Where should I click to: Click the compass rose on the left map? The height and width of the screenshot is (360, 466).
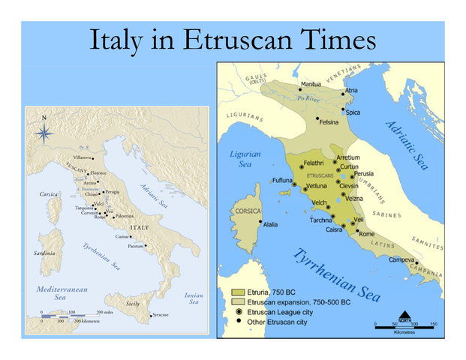click(44, 133)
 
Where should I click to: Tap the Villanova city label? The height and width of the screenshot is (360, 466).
click(83, 157)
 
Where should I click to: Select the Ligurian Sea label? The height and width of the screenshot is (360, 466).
click(245, 159)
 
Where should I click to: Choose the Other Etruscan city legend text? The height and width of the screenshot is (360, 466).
click(272, 322)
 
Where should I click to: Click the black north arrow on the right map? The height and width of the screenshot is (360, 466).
click(404, 315)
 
